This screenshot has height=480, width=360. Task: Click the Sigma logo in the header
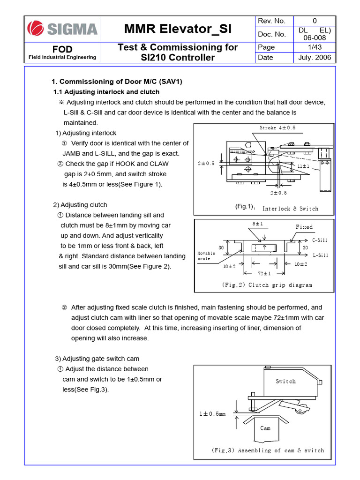coord(62,29)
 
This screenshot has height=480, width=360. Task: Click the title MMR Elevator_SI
coord(178,29)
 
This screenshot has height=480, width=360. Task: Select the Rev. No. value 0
coord(315,21)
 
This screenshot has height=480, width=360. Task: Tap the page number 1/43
coord(315,47)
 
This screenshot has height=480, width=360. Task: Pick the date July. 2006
coord(315,57)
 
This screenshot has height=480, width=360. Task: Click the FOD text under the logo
coord(62,49)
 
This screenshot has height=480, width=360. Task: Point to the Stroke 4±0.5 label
coord(277,127)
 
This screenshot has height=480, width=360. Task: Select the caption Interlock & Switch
coord(290,209)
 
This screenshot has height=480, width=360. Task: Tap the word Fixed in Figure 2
coord(304,227)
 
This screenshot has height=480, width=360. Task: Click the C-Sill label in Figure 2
coord(320,240)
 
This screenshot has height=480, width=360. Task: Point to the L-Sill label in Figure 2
coord(320,255)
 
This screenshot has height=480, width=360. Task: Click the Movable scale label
coord(206,256)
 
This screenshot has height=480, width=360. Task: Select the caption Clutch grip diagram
coord(266,285)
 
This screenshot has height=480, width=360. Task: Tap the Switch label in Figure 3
coord(285,381)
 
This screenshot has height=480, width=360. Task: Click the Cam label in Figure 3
coord(265,427)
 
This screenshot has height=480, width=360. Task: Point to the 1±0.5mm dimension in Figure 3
coord(212,414)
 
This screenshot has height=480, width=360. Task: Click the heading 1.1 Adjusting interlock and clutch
coord(106,92)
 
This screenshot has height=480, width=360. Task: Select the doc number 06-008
coord(315,38)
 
